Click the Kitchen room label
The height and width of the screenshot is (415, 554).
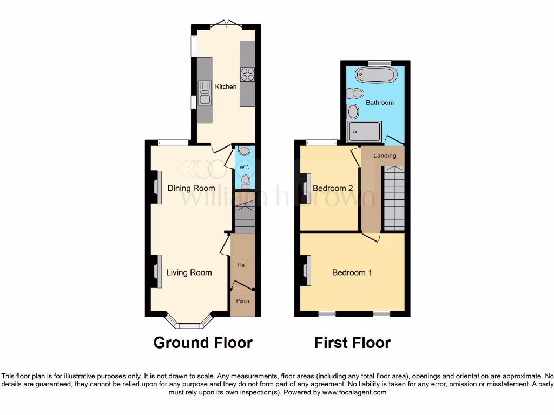tap(226, 86)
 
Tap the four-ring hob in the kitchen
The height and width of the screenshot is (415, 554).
tap(248, 75)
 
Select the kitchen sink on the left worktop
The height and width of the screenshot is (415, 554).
tap(205, 92)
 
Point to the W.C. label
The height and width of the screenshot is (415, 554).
tap(244, 168)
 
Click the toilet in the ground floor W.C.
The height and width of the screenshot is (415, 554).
tap(246, 180)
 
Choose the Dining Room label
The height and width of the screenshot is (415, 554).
tap(191, 188)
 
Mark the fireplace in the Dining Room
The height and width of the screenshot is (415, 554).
tap(156, 188)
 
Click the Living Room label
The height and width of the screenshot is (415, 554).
tap(189, 272)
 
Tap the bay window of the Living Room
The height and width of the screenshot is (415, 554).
tap(189, 323)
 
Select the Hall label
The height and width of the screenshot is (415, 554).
tap(242, 265)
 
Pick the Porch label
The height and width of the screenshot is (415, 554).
tap(242, 300)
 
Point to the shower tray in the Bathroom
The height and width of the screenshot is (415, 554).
tap(365, 130)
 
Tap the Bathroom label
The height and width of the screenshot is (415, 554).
tap(380, 102)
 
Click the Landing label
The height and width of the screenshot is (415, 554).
tap(385, 155)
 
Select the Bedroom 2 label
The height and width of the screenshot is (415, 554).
tap(333, 188)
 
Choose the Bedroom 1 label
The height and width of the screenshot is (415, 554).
tap(352, 272)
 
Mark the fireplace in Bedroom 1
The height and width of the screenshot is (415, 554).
tap(307, 270)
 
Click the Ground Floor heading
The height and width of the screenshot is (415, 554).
tap(203, 343)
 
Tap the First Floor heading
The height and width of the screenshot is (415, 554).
tap(352, 343)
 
